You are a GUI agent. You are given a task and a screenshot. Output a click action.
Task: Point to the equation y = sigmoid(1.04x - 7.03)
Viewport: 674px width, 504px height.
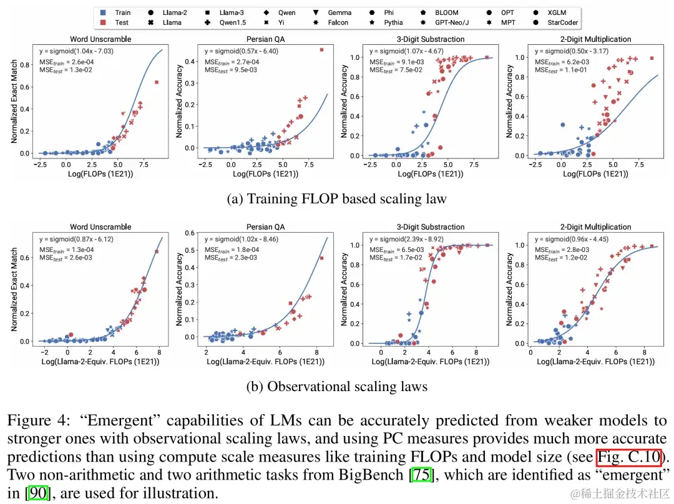tap(76, 51)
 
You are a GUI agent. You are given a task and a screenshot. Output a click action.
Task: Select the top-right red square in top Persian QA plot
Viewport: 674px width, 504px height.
tap(322, 50)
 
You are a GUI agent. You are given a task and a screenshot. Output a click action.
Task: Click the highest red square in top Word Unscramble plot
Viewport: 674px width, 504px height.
tap(157, 82)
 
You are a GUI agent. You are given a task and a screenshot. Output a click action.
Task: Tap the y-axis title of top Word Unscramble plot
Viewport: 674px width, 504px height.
tap(14, 102)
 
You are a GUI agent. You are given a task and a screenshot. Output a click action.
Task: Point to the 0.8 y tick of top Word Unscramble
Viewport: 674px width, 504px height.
tap(26, 64)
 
